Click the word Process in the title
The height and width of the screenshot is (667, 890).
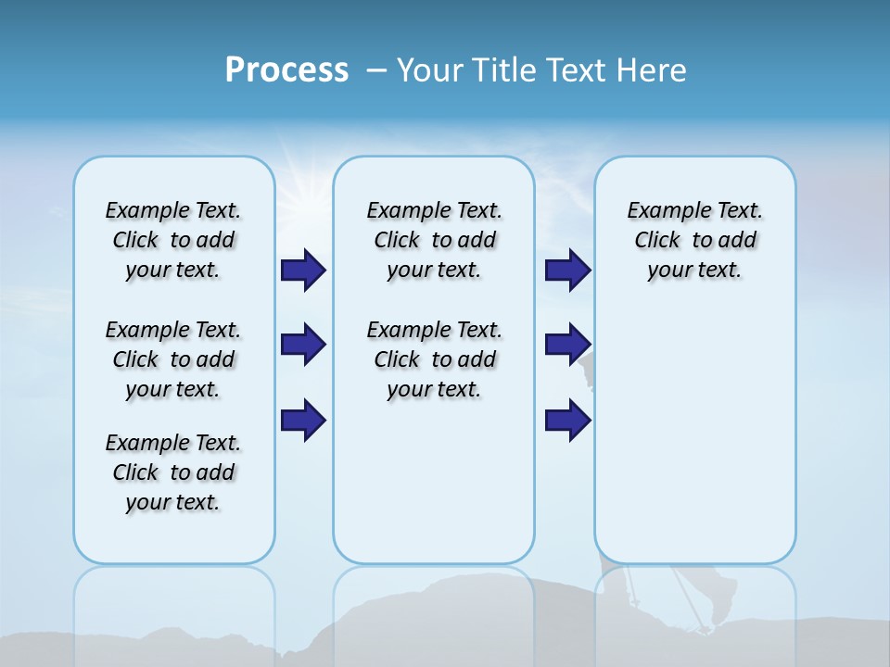pos(286,70)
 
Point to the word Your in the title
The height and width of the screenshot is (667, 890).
pos(431,70)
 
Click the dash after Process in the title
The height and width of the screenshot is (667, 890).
pos(376,71)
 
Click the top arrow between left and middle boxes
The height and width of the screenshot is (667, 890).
pos(303,270)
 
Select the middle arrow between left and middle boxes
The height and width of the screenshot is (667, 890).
pos(303,345)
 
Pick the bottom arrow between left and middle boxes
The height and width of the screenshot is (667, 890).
pos(303,419)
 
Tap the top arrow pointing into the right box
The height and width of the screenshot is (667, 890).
pos(567,270)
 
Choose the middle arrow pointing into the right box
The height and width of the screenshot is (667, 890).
pos(567,345)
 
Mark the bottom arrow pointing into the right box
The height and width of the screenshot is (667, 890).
pos(567,419)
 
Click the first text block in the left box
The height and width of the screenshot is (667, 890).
pos(173,240)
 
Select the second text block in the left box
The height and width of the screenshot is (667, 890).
pos(173,359)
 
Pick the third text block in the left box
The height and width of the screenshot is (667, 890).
pos(173,472)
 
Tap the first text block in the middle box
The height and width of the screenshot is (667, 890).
pos(434,240)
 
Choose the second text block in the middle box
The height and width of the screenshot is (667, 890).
pos(434,359)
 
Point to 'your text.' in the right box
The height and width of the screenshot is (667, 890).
pos(694,270)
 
